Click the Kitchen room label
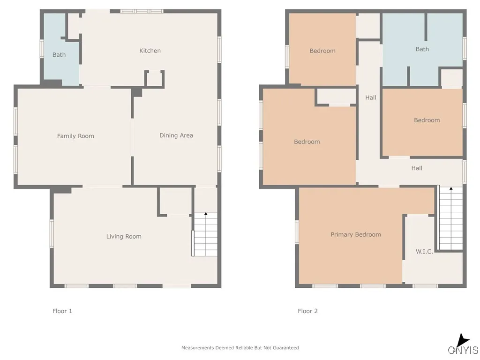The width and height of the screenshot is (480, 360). (150, 51)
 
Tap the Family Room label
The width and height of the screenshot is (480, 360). (75, 136)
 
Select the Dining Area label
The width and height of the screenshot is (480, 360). (176, 135)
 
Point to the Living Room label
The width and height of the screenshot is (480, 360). (124, 236)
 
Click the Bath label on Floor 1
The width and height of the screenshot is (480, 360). (59, 55)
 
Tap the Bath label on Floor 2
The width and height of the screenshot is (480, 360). (422, 49)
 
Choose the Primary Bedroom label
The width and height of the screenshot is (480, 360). (356, 234)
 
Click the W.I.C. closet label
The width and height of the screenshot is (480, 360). (424, 252)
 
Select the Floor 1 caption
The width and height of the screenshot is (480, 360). (62, 311)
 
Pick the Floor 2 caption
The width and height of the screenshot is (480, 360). (307, 311)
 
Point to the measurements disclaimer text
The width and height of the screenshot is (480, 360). (240, 348)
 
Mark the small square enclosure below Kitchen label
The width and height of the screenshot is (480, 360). (154, 79)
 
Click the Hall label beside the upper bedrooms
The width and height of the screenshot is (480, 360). (370, 97)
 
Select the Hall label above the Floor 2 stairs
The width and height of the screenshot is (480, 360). (417, 168)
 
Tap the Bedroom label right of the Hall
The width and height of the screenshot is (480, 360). (427, 120)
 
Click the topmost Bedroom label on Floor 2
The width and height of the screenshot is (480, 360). (322, 51)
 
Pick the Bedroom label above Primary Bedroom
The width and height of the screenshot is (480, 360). (307, 142)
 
